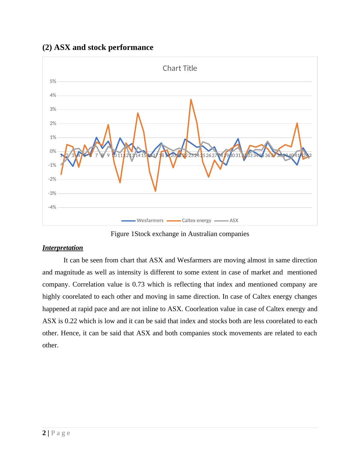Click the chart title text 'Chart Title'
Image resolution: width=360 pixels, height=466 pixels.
tap(180, 68)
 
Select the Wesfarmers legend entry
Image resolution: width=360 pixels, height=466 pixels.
tap(150, 221)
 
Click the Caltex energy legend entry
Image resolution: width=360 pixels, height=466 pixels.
tap(196, 221)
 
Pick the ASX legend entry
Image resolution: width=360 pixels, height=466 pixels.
tap(234, 221)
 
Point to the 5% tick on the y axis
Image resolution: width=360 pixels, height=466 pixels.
tap(53, 81)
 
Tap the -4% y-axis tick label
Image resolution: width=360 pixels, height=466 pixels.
tap(52, 207)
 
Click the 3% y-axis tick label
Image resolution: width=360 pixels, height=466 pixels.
tap(53, 109)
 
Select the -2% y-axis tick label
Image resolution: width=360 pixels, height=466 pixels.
tap(52, 179)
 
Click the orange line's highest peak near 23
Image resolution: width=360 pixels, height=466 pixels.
tap(191, 100)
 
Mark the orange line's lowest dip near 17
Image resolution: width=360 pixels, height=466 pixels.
tap(155, 191)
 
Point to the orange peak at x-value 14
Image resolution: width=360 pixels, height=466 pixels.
tap(138, 113)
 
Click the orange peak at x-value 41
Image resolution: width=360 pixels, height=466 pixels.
tap(297, 123)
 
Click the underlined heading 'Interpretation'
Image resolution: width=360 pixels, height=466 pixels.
tap(63, 248)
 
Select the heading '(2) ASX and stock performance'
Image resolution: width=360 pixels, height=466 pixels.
tap(98, 48)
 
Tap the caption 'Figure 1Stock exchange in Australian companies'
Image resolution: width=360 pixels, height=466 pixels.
tap(180, 234)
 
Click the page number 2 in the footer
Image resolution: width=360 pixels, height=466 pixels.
tap(44, 433)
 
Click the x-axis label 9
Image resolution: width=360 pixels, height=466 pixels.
tap(108, 155)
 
